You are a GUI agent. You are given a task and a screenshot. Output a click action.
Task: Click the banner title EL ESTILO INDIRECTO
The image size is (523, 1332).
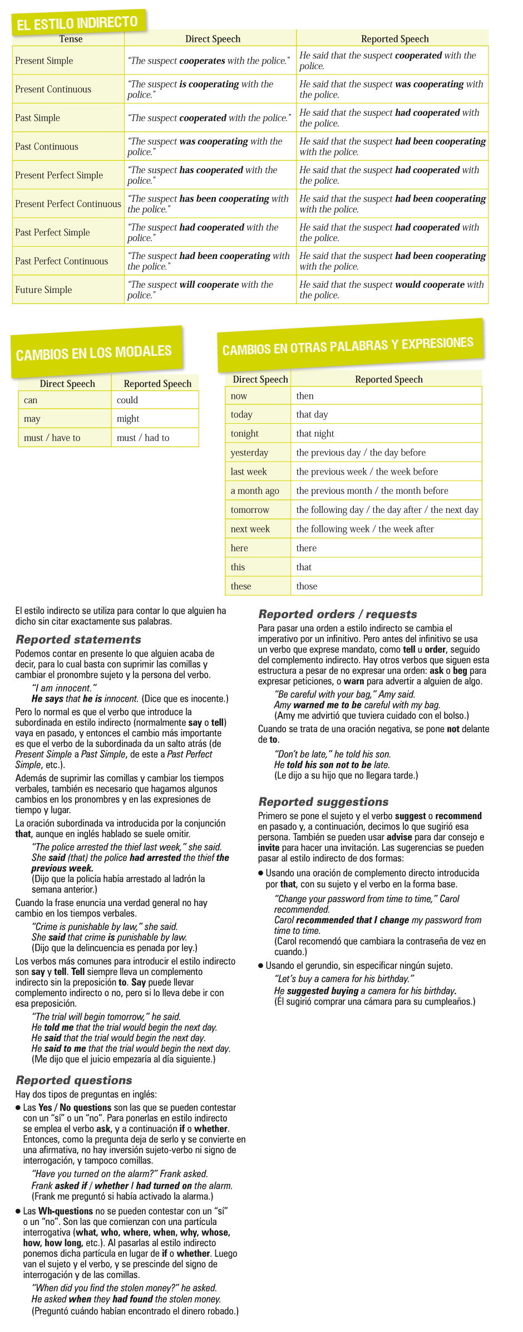pyautogui.click(x=77, y=23)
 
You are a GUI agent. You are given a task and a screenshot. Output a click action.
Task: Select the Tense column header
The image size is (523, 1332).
pyautogui.click(x=71, y=39)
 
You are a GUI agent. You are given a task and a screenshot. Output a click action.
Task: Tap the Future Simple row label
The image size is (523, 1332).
pyautogui.click(x=43, y=290)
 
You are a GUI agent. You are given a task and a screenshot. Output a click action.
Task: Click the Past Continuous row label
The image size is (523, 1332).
pyautogui.click(x=47, y=146)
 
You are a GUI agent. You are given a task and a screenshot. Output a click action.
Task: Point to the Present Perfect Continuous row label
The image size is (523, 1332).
pyautogui.click(x=68, y=204)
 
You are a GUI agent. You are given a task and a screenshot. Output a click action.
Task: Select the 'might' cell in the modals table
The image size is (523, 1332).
pyautogui.click(x=128, y=419)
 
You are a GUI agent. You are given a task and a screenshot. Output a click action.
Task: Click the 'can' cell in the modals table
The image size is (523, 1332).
pyautogui.click(x=31, y=400)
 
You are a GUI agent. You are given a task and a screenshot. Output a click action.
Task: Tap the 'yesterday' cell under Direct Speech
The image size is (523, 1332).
pyautogui.click(x=249, y=453)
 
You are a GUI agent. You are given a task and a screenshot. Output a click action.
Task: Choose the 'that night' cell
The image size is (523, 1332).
pyautogui.click(x=315, y=433)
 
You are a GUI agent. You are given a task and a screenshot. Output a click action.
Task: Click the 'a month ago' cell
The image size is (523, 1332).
pyautogui.click(x=255, y=491)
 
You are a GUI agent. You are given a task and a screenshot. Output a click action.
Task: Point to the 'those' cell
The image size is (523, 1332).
pyautogui.click(x=307, y=586)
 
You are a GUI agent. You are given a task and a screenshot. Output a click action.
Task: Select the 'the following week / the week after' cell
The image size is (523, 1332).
pyautogui.click(x=365, y=529)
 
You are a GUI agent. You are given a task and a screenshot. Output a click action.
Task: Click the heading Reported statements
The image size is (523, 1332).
pyautogui.click(x=78, y=639)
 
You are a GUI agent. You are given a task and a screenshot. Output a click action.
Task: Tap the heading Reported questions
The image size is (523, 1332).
pyautogui.click(x=74, y=1080)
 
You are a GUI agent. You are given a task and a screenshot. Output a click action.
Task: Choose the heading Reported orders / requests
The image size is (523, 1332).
pyautogui.click(x=338, y=614)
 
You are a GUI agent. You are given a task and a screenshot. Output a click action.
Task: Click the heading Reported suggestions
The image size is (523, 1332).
pyautogui.click(x=323, y=802)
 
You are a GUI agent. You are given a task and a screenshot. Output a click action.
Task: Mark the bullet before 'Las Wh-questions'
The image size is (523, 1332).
pyautogui.click(x=18, y=1211)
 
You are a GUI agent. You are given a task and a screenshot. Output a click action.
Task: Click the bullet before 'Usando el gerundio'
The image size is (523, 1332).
pyautogui.click(x=261, y=966)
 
